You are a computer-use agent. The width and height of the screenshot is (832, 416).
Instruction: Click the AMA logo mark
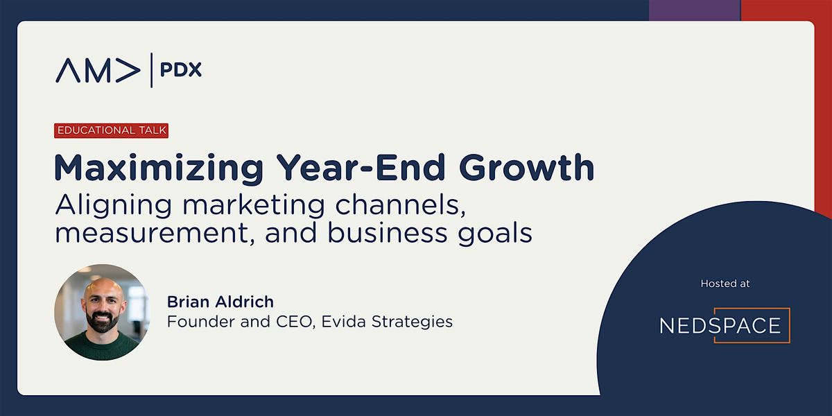point(98,70)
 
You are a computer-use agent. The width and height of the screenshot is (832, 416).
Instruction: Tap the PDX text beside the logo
point(180,69)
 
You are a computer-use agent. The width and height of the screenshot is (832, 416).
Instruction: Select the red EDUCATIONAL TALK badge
point(112,130)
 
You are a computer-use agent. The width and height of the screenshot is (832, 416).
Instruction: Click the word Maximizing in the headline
point(159,168)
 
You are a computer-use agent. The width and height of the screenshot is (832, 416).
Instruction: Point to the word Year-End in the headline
point(361,168)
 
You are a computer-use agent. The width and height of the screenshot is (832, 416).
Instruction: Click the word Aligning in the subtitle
point(114,206)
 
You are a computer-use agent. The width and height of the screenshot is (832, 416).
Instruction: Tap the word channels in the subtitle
point(401,205)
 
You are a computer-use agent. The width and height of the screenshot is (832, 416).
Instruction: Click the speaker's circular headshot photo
point(102,313)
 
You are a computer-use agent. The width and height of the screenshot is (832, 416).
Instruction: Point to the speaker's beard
point(102,320)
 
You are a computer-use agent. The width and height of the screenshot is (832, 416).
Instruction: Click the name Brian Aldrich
point(220,302)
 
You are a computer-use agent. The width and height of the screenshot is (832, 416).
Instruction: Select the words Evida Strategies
point(387,322)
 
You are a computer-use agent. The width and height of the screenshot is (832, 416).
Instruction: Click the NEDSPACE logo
point(725,325)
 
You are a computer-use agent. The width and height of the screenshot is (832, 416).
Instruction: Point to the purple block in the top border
point(695,10)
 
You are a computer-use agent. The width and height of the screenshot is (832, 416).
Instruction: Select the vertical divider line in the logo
point(151,70)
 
